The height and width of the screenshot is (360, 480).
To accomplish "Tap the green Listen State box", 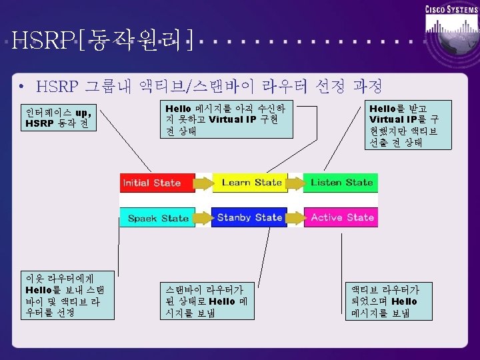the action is coord(341,183).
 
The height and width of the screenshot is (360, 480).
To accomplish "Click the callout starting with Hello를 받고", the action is coord(404,125).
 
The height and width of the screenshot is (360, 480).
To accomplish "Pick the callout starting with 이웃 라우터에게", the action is coord(64,295).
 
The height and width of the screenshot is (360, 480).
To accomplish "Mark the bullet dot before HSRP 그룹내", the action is coord(23,87).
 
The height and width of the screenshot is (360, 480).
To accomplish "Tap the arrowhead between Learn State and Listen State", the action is coord(297,183).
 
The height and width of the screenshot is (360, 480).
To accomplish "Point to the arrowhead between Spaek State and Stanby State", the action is coord(204,217).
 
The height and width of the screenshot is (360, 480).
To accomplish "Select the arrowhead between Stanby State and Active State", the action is coord(296,217).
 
